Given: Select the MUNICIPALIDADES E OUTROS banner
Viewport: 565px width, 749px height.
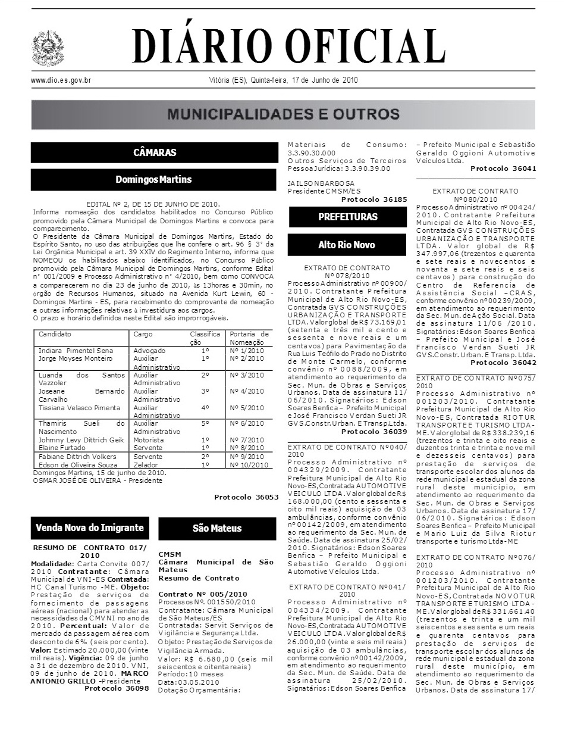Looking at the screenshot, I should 283,114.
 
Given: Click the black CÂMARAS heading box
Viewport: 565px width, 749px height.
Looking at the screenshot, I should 154,152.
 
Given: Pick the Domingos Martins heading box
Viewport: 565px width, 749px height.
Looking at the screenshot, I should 154,179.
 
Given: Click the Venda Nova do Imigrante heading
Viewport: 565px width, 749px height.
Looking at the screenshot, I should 90,528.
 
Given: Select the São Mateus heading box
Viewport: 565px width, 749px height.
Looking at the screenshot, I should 217,528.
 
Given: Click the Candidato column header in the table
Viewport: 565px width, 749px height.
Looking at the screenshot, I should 55,335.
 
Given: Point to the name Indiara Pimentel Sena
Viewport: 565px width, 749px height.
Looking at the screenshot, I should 76,351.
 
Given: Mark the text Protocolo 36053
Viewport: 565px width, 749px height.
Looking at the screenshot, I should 246,497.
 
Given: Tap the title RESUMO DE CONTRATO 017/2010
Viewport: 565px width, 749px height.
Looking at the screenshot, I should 90,550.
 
